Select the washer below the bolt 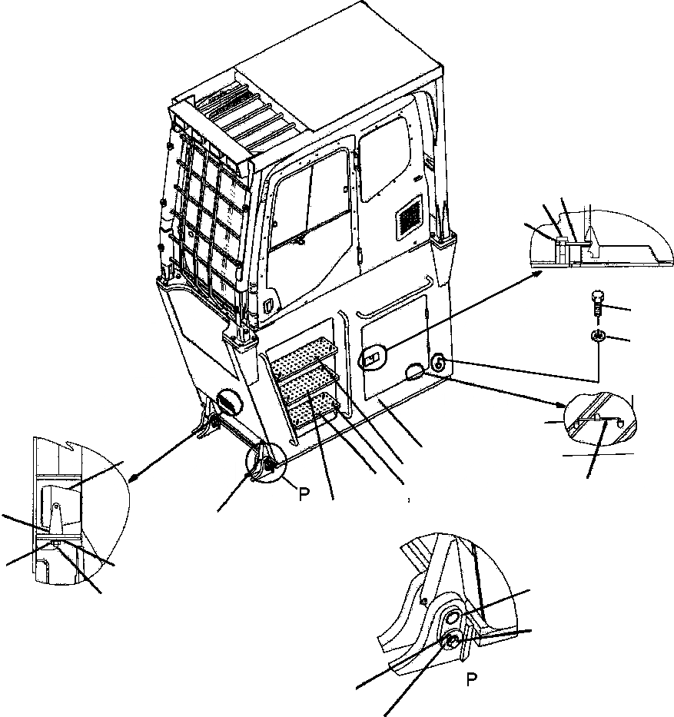click(597, 335)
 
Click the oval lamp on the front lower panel click(228, 403)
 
